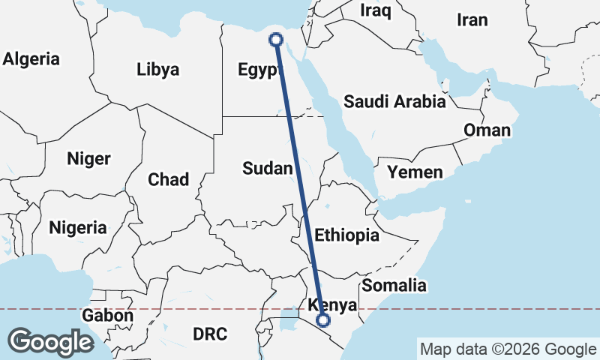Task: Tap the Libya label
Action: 158,70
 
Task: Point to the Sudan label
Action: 267,169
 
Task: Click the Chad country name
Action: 168,179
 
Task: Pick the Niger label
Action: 88,159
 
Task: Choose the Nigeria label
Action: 77,227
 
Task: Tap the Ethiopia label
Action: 346,235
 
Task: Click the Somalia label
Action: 394,285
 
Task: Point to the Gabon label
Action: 108,316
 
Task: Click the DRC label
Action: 210,333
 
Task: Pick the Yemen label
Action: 415,172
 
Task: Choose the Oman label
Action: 487,130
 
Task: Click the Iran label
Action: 472,20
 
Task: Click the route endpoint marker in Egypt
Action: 275,40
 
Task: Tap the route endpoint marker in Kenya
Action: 323,320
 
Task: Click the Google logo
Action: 50,342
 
